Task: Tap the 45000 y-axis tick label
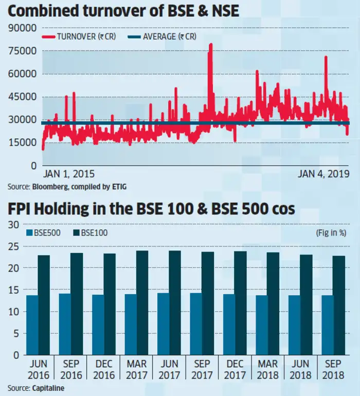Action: coord(23,97)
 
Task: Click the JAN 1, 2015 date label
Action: coord(69,174)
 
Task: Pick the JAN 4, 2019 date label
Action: coord(323,174)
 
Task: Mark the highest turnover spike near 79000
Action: coord(210,45)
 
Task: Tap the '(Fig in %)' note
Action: coord(331,233)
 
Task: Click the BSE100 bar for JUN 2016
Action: coord(45,305)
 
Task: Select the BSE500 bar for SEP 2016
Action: coord(65,324)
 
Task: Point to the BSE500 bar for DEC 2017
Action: coord(228,325)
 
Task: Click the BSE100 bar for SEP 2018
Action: coord(339,305)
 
